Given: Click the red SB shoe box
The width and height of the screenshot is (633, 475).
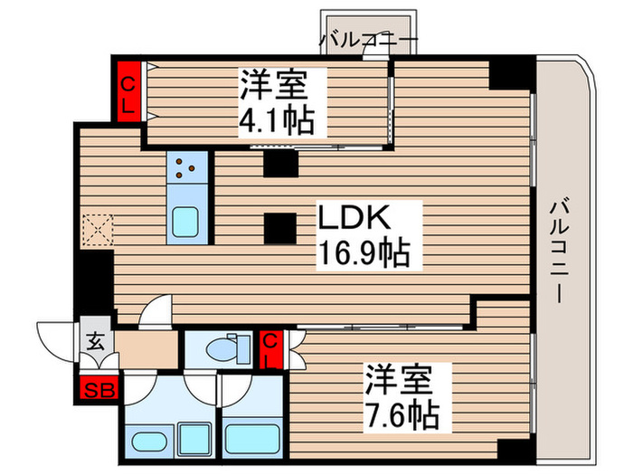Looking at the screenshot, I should click(92, 391).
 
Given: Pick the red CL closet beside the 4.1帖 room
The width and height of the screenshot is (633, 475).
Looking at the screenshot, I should click(128, 93).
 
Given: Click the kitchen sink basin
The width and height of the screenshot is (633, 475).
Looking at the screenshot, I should click(188, 222).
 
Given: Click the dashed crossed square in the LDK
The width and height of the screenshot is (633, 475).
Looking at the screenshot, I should click(95, 230).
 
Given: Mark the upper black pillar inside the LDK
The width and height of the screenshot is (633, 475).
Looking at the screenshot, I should click(280, 164).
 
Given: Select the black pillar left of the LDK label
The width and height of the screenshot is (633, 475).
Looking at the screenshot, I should click(280, 227).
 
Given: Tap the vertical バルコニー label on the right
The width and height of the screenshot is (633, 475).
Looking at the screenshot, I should click(562, 243).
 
